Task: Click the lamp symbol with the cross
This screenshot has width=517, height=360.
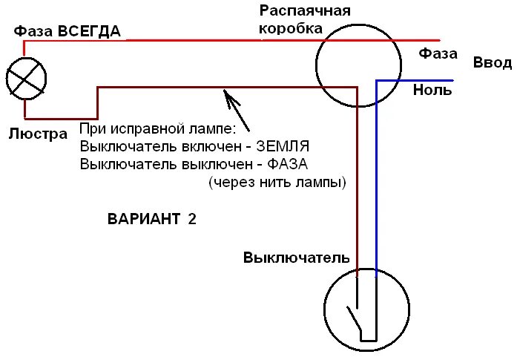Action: pyautogui.click(x=26, y=77)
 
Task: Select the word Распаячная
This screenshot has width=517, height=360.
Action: pyautogui.click(x=304, y=11)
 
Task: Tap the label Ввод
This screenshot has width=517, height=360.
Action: pyautogui.click(x=493, y=62)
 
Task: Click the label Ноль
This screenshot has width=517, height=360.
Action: pyautogui.click(x=432, y=91)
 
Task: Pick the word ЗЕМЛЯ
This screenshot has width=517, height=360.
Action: pyautogui.click(x=286, y=145)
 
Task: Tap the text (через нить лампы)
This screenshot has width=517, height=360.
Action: pyautogui.click(x=278, y=182)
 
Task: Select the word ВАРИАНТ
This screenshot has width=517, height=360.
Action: pyautogui.click(x=144, y=219)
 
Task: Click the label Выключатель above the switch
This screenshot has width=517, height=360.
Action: pyautogui.click(x=296, y=258)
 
